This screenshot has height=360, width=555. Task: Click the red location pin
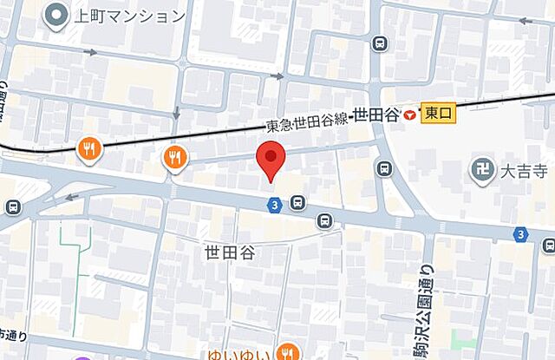(272, 160)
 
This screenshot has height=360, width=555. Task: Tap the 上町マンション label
(130, 16)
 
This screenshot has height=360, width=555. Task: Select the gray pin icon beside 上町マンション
(59, 15)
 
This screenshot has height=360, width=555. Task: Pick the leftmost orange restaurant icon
(89, 150)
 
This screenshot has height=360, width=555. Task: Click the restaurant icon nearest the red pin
(175, 156)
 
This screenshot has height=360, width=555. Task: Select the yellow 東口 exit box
(438, 112)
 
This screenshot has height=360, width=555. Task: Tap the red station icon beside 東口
(408, 113)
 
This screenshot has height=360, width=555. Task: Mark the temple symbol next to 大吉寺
(482, 170)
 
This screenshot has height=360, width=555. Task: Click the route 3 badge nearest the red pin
(275, 204)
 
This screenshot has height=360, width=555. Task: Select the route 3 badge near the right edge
(519, 233)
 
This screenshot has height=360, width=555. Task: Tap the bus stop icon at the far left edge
(12, 206)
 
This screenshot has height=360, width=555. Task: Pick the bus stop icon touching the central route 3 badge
(297, 204)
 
